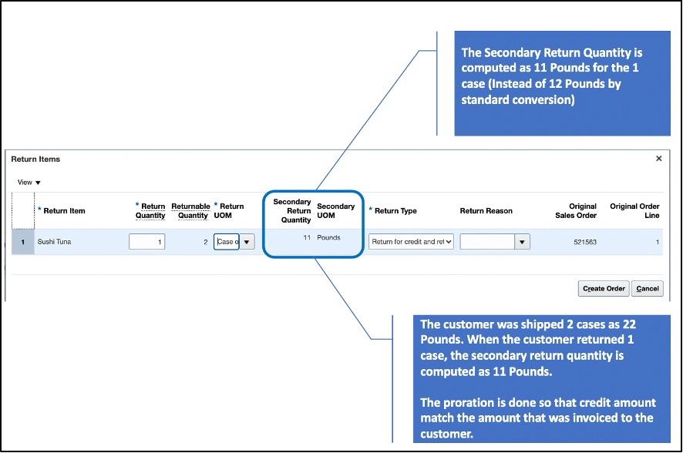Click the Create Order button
point(604,288)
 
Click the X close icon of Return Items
point(658,159)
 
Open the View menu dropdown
point(29,183)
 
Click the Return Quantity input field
point(146,241)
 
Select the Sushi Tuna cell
point(54,241)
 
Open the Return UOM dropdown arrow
point(247,241)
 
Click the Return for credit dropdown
point(411,241)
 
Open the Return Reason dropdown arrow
point(522,241)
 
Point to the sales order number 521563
point(585,242)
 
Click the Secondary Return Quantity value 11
point(307,237)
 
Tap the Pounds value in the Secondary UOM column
point(329,237)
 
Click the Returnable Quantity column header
point(190,210)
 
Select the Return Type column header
point(395,210)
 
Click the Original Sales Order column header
point(576,210)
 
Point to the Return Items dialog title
point(35,159)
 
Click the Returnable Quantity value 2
point(206,242)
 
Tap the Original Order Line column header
point(634,210)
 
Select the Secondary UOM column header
point(336,210)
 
